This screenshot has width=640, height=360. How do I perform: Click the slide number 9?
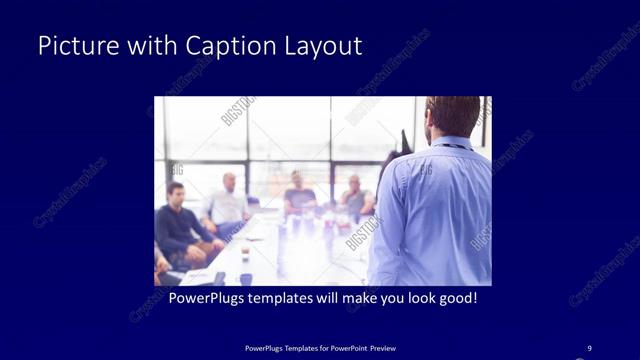(x=588, y=348)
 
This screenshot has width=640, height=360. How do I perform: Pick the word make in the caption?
(x=341, y=298)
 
